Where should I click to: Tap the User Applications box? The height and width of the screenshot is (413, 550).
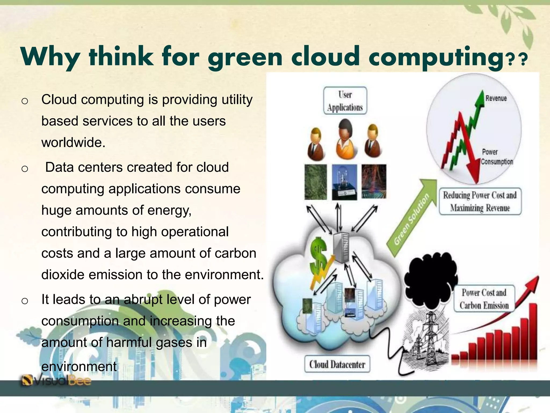pos(345,101)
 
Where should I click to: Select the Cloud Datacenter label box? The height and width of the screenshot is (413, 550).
pos(337,365)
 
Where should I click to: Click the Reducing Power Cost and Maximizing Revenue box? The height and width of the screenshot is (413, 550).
pos(480,202)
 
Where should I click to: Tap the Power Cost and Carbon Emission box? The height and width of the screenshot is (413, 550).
pos(484,299)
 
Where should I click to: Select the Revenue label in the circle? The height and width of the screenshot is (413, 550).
pos(496,98)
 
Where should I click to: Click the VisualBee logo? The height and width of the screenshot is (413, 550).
pos(56,380)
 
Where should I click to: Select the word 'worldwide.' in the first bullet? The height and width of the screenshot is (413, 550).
pos(73,143)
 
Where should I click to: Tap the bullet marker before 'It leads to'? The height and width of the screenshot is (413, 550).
pos(25,301)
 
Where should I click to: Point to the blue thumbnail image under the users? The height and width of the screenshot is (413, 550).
pos(345,182)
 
